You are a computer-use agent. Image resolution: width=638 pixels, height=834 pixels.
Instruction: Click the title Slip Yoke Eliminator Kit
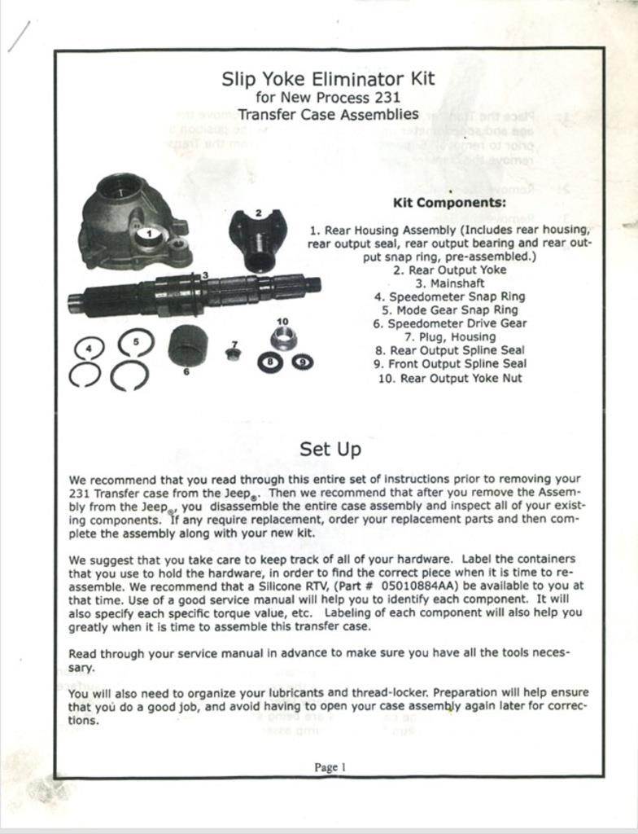[x=328, y=79]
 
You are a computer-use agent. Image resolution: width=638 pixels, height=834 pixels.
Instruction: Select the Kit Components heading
[x=449, y=202]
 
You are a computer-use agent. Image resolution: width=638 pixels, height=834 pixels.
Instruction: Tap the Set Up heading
[x=330, y=449]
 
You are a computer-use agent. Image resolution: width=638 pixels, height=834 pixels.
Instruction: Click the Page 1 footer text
[x=330, y=766]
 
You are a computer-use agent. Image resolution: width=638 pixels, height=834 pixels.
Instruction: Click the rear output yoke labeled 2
[x=258, y=239]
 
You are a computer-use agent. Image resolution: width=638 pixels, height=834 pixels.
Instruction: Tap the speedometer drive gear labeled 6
[x=188, y=345]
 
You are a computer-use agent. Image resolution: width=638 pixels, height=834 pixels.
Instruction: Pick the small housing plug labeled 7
[x=234, y=354]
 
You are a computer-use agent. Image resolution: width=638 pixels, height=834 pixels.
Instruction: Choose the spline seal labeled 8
[x=269, y=362]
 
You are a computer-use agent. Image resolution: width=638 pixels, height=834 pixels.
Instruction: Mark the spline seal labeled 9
[x=303, y=362]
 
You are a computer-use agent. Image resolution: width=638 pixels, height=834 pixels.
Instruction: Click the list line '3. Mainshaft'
[x=449, y=283]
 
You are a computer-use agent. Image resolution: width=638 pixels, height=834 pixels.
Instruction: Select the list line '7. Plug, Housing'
[x=449, y=337]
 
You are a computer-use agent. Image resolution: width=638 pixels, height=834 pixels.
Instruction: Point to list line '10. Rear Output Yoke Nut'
[x=449, y=378]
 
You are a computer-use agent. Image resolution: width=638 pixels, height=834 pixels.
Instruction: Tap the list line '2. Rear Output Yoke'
[x=449, y=270]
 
